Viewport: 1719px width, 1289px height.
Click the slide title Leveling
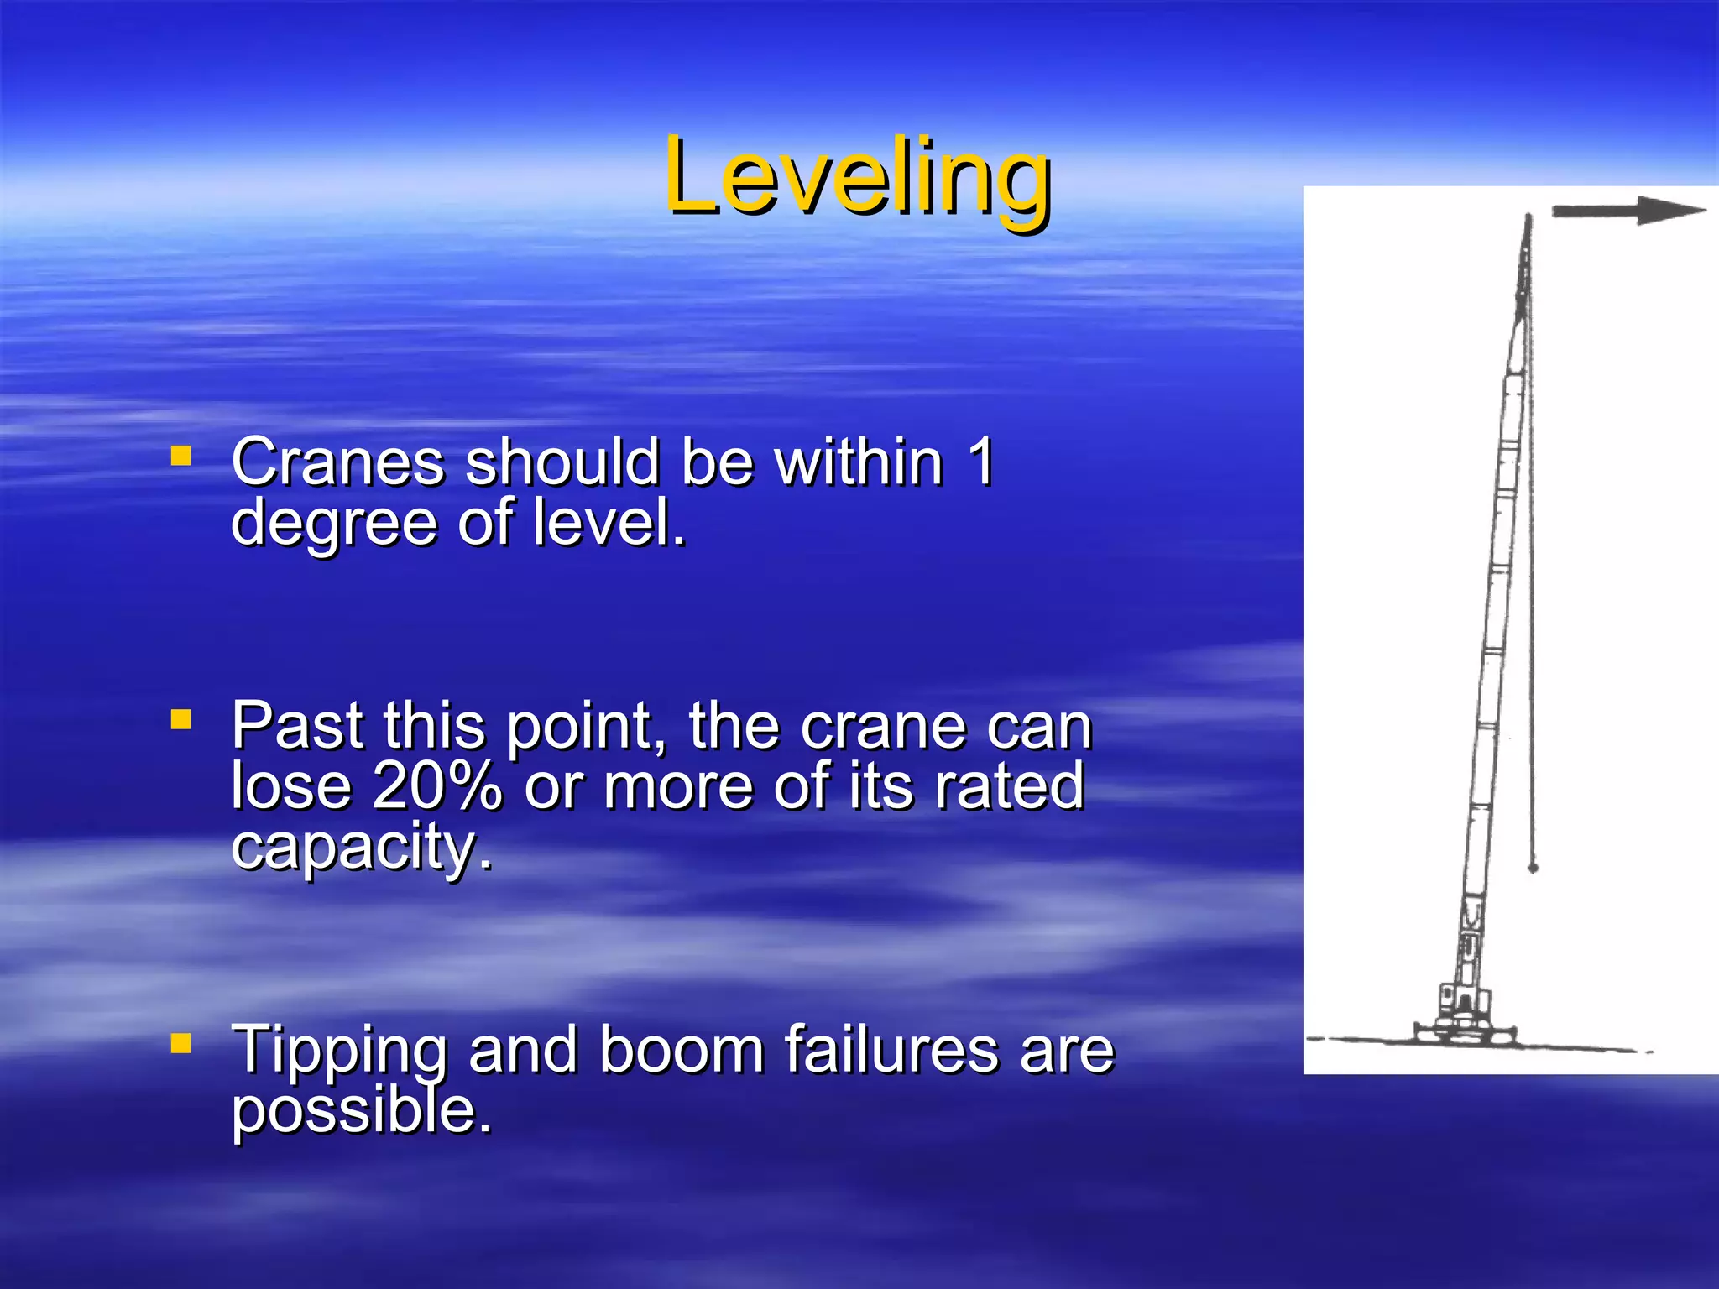point(857,176)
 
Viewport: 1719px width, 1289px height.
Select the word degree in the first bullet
point(334,524)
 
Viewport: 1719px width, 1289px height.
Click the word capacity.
point(361,848)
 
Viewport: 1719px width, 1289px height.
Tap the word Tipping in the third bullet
point(339,1051)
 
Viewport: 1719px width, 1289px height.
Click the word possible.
point(361,1111)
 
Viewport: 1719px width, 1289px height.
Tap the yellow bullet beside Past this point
point(180,719)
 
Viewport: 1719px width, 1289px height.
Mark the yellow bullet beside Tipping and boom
point(180,1043)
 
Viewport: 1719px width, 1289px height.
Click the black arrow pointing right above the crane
point(1628,211)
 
